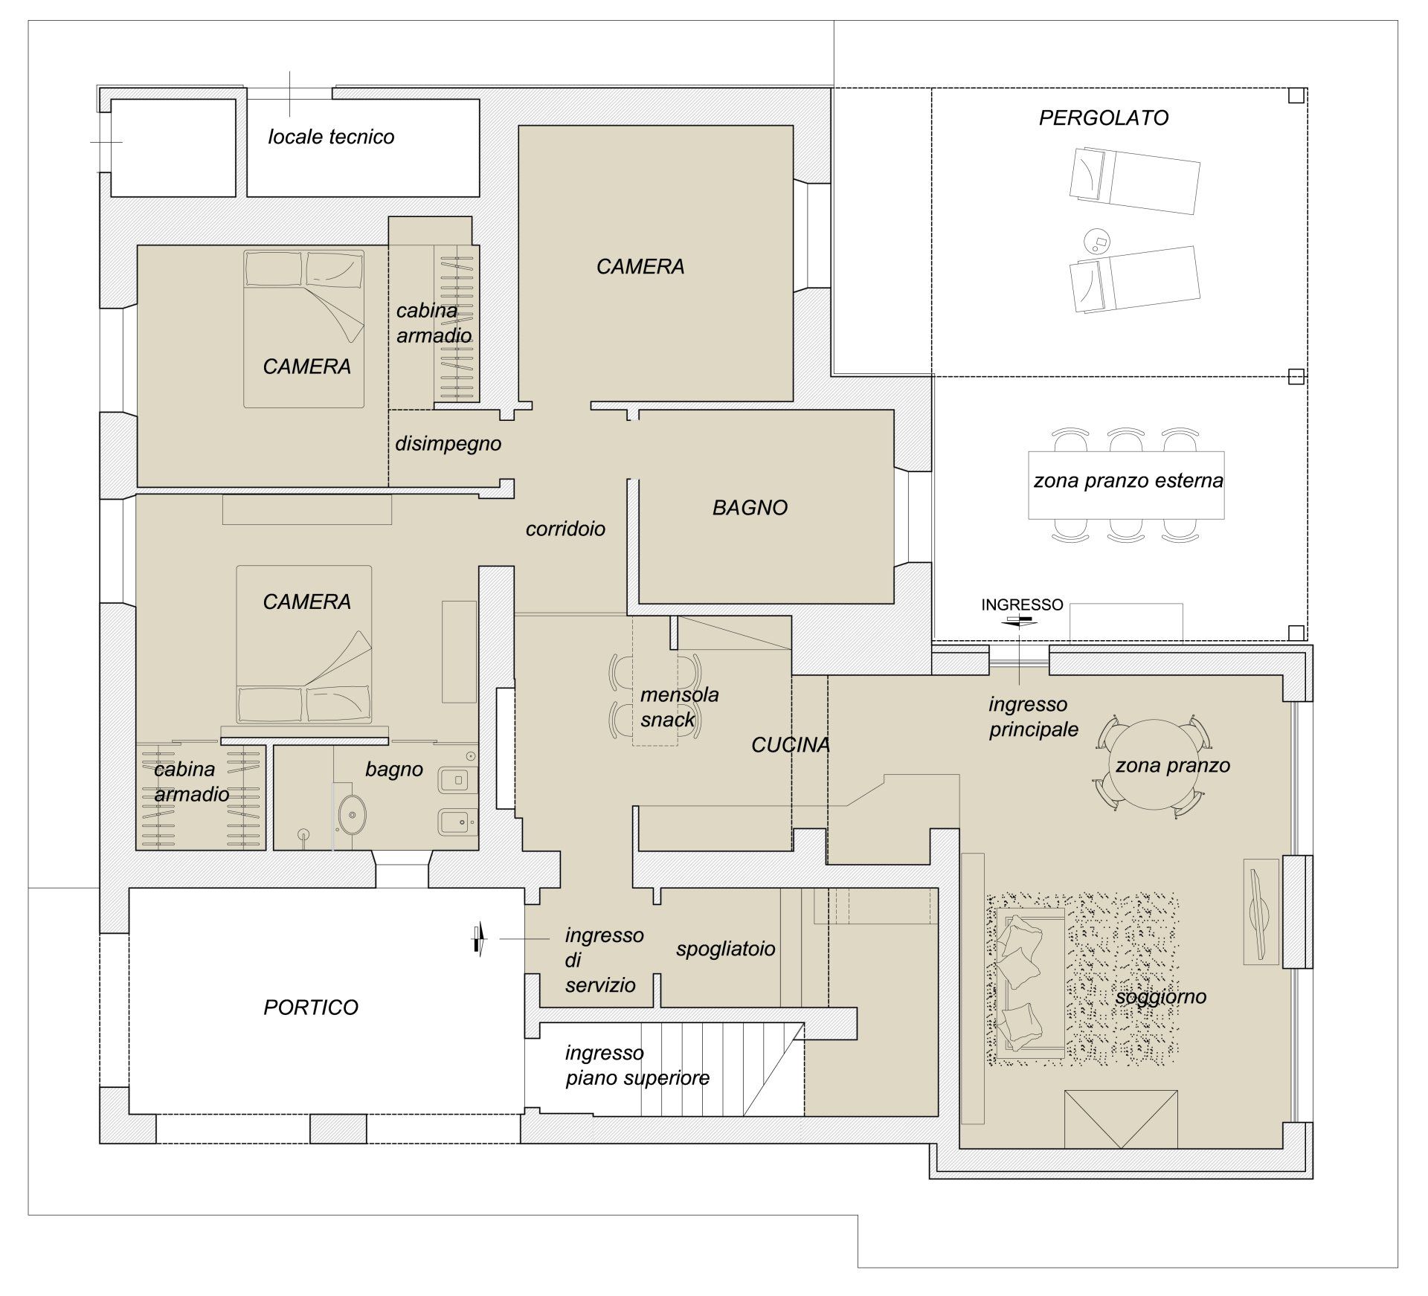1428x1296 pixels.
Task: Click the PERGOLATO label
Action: (1103, 117)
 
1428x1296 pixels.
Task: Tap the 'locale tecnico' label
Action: (331, 137)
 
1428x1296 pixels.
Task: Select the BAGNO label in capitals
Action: (750, 508)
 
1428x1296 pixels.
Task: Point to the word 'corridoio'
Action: (565, 529)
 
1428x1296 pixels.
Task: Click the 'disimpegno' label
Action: (448, 444)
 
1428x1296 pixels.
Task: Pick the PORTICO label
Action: (311, 1007)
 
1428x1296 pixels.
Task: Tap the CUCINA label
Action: (791, 745)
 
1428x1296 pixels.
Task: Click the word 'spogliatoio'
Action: (725, 950)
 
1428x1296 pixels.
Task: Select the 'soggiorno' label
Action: (1161, 998)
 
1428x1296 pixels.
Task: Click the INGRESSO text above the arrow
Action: (1022, 605)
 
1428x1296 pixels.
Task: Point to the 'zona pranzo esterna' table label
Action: (1128, 481)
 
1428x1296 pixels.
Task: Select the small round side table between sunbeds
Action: (1098, 240)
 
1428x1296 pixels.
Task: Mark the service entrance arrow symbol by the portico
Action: (478, 939)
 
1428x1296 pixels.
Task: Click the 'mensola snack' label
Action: (679, 707)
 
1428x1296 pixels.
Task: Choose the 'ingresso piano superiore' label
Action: (637, 1066)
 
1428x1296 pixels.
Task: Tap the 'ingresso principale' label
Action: (1033, 717)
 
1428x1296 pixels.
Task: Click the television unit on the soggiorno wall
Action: (1261, 912)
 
